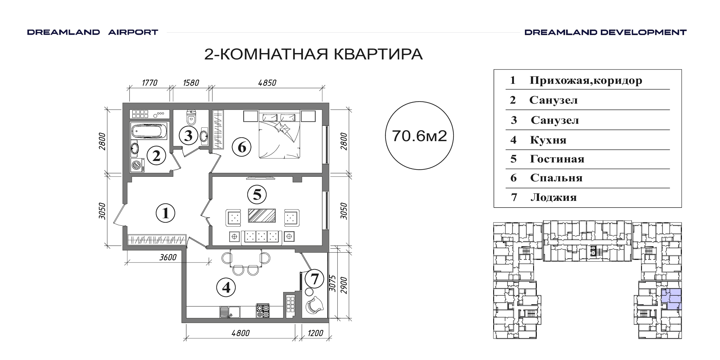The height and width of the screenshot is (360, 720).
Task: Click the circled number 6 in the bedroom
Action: click(241, 147)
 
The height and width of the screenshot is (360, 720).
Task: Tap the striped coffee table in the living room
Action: click(262, 215)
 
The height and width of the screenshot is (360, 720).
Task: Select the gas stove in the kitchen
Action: click(263, 311)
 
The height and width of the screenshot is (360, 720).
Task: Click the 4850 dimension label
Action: click(267, 83)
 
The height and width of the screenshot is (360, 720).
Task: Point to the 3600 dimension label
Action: click(168, 257)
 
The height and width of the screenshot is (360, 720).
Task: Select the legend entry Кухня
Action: click(548, 140)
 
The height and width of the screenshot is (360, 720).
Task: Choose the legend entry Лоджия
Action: click(554, 198)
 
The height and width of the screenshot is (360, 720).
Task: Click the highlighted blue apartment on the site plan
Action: click(671, 299)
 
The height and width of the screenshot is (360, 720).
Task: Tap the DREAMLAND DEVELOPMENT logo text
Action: click(605, 32)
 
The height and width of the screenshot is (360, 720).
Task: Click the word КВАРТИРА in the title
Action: click(378, 54)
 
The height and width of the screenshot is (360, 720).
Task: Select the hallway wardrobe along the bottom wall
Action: click(157, 239)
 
